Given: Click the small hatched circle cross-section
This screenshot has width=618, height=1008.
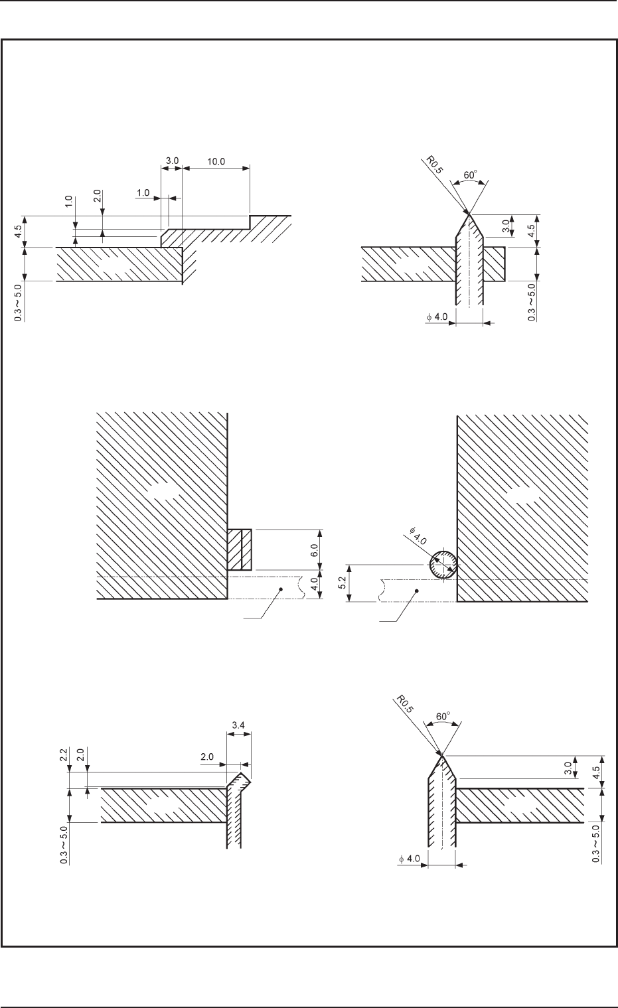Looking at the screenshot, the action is click(x=442, y=565).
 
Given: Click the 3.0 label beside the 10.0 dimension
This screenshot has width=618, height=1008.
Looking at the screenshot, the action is click(x=172, y=161).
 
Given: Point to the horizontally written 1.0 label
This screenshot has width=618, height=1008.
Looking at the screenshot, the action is click(x=143, y=193).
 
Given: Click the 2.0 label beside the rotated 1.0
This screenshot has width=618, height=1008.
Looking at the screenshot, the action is click(x=97, y=198).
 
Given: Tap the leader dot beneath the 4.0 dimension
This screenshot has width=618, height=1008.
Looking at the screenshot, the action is click(x=282, y=589).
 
